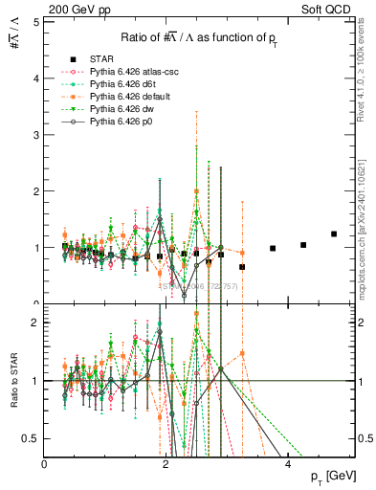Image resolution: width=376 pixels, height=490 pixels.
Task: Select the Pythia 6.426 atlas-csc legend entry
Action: click(x=127, y=71)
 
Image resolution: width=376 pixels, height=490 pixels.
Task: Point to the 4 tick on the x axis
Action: click(x=288, y=463)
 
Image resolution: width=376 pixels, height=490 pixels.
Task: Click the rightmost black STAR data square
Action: click(x=334, y=234)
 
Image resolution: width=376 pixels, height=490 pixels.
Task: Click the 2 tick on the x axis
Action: click(x=166, y=463)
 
